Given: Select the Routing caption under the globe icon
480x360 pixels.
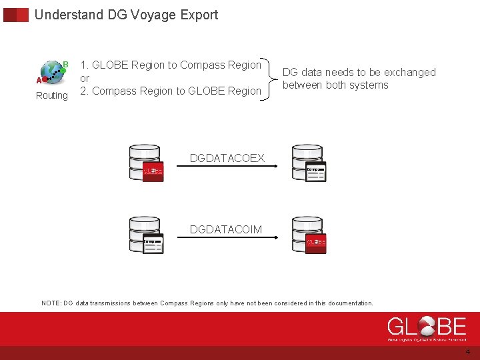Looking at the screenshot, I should (x=52, y=96).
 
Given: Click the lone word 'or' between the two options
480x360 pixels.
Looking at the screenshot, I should (x=85, y=78).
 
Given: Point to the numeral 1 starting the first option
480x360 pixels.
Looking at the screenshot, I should (x=83, y=65).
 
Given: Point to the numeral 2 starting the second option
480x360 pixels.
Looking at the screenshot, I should (x=83, y=91).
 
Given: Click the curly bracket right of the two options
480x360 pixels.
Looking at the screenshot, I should (x=271, y=78).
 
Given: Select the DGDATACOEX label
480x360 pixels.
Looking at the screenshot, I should (x=227, y=159).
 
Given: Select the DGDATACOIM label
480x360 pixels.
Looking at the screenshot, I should (x=226, y=230).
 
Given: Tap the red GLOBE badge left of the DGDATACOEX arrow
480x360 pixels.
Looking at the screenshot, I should (x=153, y=171).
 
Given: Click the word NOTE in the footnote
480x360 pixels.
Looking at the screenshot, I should (x=51, y=303).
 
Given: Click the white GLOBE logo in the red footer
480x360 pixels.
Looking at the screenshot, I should (x=427, y=328).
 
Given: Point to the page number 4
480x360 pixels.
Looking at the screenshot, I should (x=467, y=352).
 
